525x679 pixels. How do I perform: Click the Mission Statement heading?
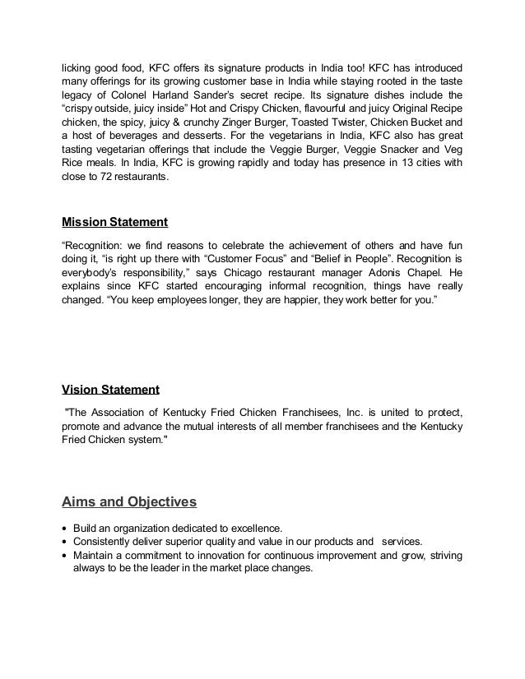[x=115, y=222]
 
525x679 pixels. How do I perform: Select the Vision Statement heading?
[x=111, y=389]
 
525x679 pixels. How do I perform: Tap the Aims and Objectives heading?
[x=128, y=501]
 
